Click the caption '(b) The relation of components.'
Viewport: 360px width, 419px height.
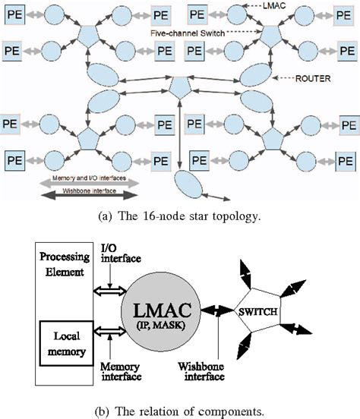coord(180,412)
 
